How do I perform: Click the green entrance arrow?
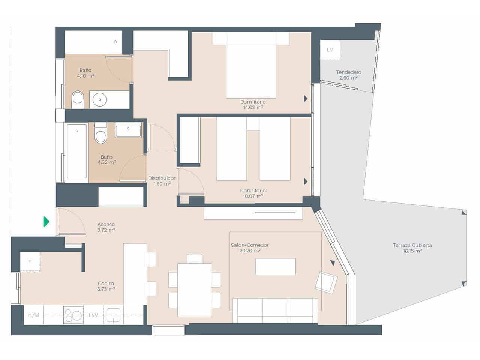click(x=46, y=222)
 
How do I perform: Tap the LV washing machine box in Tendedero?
click(x=330, y=50)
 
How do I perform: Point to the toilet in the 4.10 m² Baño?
click(x=78, y=99)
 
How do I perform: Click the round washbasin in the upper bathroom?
click(x=100, y=100)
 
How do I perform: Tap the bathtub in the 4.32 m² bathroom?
click(x=76, y=151)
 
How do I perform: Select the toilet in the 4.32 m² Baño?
click(x=100, y=133)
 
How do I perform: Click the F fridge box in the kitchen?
click(x=30, y=262)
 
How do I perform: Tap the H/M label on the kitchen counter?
click(x=33, y=315)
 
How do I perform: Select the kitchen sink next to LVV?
click(x=113, y=315)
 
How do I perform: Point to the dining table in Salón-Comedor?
click(x=194, y=289)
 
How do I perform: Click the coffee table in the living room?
click(x=276, y=267)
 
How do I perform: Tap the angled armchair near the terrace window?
click(x=326, y=282)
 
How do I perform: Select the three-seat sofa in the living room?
click(x=275, y=310)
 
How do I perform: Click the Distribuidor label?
click(x=162, y=178)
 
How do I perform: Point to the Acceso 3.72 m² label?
click(x=106, y=227)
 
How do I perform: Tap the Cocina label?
click(x=106, y=283)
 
